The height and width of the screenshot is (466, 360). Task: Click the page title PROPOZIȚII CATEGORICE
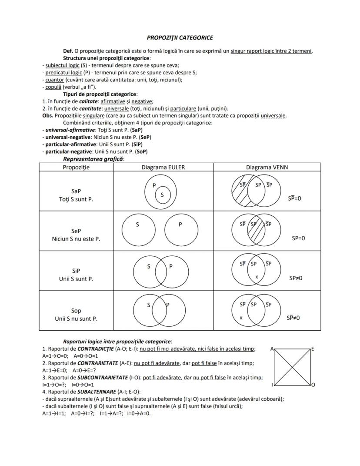tap(180, 38)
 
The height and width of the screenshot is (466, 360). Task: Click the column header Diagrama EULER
tap(163, 168)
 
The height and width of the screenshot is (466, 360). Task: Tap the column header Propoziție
tap(76, 168)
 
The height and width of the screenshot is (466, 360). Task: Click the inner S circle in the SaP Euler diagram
tap(162, 194)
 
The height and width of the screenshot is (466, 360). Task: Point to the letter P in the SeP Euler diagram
tap(180, 225)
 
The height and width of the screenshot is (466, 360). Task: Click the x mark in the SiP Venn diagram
tap(257, 277)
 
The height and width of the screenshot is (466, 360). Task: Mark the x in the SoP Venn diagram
tap(241, 318)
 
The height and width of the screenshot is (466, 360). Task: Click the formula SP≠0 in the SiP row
tap(296, 278)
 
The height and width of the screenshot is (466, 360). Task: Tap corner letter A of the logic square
tap(272, 349)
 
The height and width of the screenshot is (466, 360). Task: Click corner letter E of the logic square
tap(313, 349)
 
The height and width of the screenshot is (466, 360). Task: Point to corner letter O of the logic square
tap(313, 385)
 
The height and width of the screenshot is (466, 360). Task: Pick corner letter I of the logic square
tap(272, 385)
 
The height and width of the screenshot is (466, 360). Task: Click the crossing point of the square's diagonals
tap(293, 367)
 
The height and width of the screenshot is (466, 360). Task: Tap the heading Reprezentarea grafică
tap(93, 159)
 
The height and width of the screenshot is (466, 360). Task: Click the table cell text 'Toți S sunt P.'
tap(76, 199)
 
